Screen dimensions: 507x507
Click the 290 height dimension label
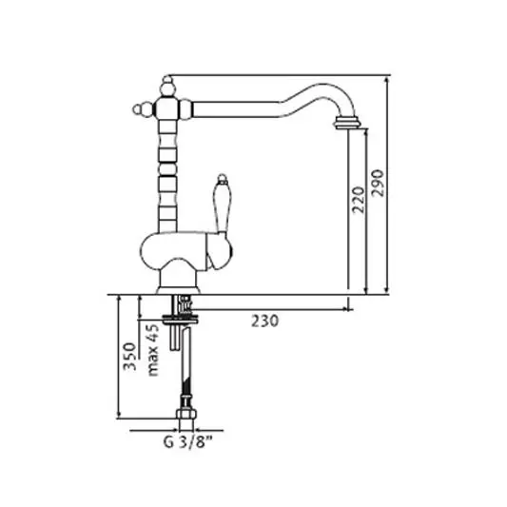[378, 183]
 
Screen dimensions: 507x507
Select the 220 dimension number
[359, 200]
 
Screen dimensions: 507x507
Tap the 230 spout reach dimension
[264, 322]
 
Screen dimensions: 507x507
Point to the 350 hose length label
[130, 356]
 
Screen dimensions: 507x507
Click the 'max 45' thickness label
[153, 350]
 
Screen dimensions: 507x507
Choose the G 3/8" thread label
[187, 442]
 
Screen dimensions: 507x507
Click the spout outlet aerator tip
[346, 123]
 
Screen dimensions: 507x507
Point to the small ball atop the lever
[222, 178]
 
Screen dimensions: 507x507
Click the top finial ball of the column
[167, 88]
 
